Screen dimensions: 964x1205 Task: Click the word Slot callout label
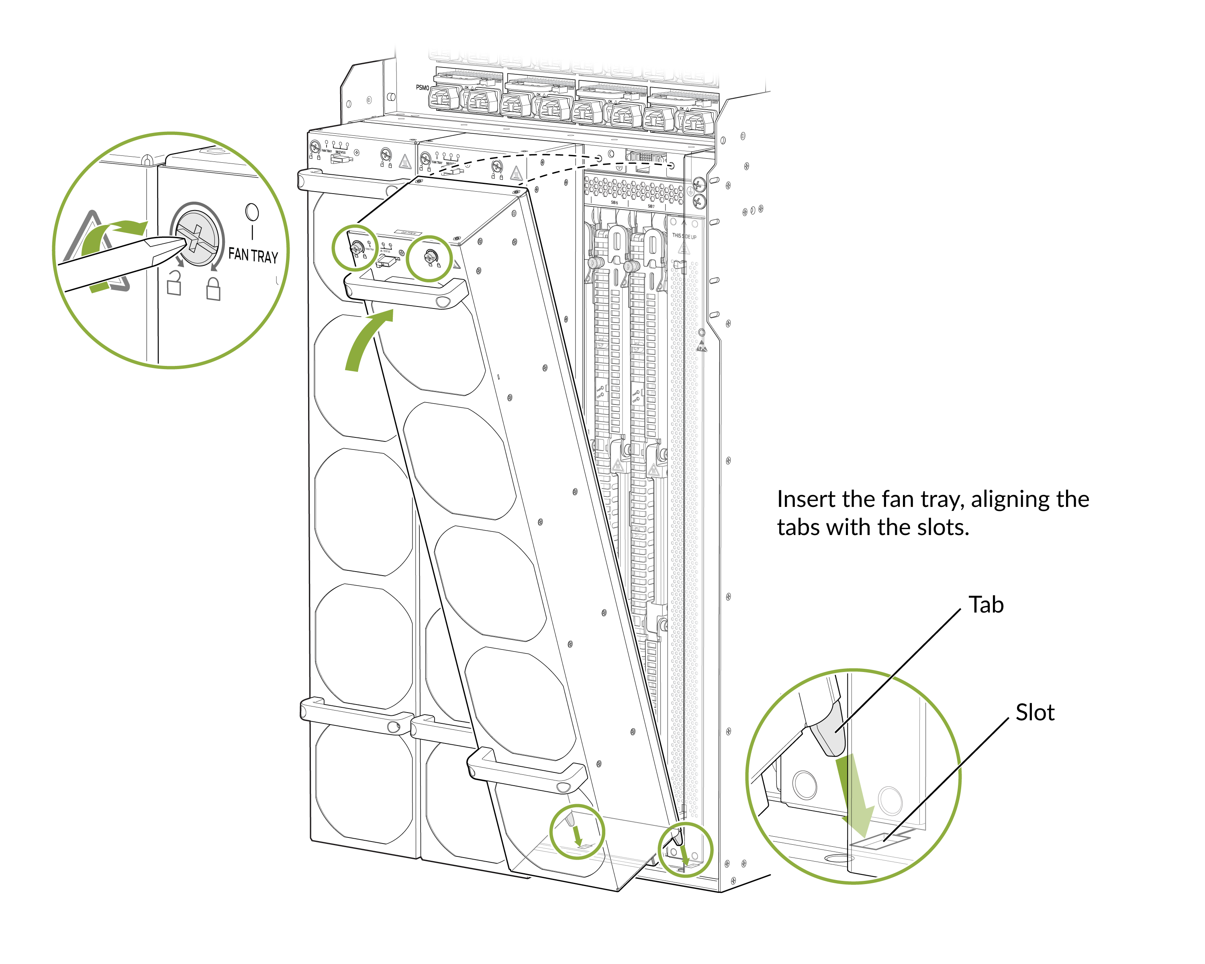pyautogui.click(x=1035, y=713)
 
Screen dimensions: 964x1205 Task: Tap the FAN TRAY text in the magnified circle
pyautogui.click(x=253, y=255)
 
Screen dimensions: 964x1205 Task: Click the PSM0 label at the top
pyautogui.click(x=422, y=88)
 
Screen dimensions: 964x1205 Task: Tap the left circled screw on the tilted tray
pyautogui.click(x=355, y=248)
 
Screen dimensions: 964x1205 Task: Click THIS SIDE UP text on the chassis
pyautogui.click(x=684, y=237)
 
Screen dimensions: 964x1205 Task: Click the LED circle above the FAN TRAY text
pyautogui.click(x=252, y=212)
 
